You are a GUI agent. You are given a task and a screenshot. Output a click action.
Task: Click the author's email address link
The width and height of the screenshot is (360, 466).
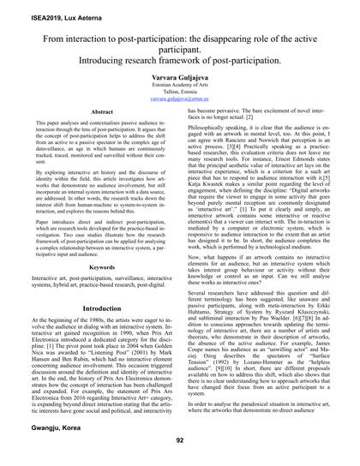coord(180,122)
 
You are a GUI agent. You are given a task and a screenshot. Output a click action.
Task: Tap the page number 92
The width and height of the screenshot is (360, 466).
coord(180,439)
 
